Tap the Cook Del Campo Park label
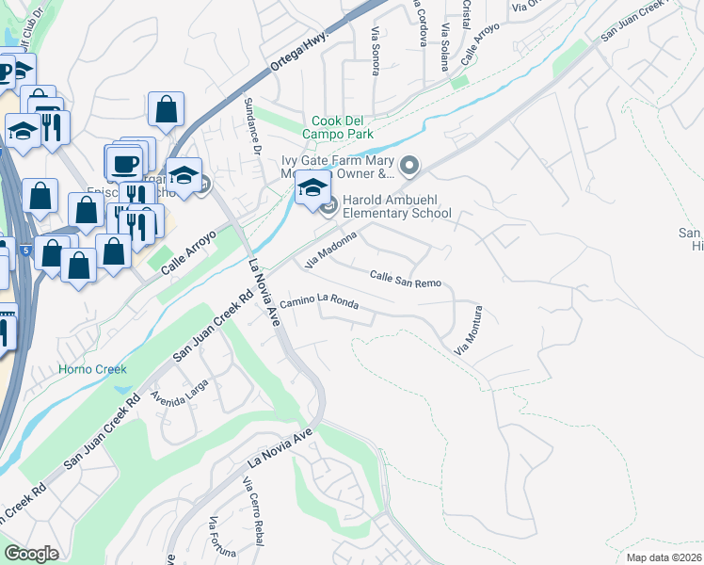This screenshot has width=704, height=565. click(x=343, y=128)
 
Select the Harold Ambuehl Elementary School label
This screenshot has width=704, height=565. click(x=396, y=206)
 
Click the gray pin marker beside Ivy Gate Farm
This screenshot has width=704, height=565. click(x=409, y=167)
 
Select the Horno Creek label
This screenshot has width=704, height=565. click(x=92, y=369)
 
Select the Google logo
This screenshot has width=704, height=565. click(x=32, y=553)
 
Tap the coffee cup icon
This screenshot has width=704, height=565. click(x=124, y=163)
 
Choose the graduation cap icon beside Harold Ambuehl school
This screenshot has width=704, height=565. click(x=312, y=187)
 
